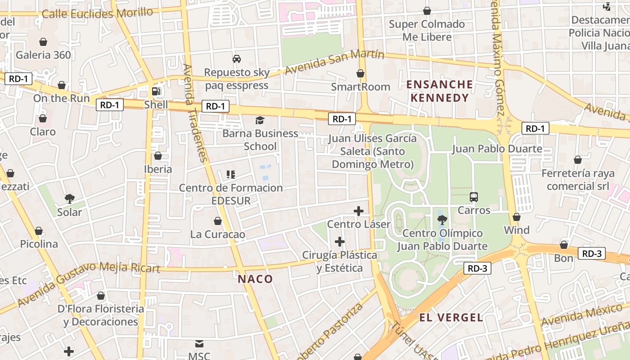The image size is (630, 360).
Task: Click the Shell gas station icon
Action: (x=156, y=91)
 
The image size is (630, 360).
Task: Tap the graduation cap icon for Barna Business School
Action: (x=260, y=120)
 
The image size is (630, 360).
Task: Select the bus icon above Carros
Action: (x=474, y=197)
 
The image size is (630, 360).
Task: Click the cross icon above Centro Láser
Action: (x=359, y=211)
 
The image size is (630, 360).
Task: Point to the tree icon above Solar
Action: (x=69, y=198)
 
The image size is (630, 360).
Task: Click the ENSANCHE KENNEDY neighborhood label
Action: (x=440, y=91)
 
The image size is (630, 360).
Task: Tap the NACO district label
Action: (x=255, y=279)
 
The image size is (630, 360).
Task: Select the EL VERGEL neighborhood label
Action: (x=451, y=318)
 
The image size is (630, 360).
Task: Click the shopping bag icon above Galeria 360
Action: (x=43, y=42)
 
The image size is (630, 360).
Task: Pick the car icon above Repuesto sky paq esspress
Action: (x=236, y=59)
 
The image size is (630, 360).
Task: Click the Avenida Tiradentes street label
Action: (x=195, y=112)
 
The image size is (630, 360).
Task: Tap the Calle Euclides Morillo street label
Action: (x=97, y=13)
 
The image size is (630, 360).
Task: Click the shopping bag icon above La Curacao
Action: (x=218, y=221)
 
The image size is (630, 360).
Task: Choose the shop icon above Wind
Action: (x=516, y=217)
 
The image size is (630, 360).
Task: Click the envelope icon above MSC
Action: (x=199, y=344)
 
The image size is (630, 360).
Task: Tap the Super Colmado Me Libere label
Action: (x=427, y=30)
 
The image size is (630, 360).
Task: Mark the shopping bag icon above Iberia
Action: (x=157, y=156)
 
